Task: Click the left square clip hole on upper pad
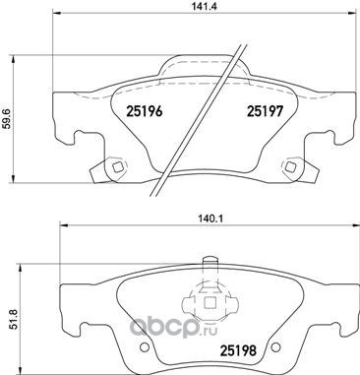pyautogui.click(x=117, y=166)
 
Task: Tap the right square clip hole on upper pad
pyautogui.click(x=290, y=166)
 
